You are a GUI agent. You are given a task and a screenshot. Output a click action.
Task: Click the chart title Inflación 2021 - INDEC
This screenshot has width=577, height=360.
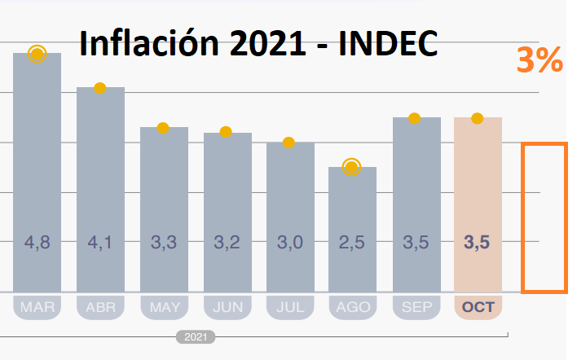pyautogui.click(x=258, y=42)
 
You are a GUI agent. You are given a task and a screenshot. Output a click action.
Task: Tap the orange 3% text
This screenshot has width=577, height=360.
pyautogui.click(x=540, y=61)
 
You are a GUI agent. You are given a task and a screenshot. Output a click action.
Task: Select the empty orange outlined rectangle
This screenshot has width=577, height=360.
pyautogui.click(x=544, y=217)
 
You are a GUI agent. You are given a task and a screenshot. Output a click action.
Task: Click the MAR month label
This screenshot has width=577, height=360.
pyautogui.click(x=37, y=308)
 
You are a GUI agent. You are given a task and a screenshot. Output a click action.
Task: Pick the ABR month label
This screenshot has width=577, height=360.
pyautogui.click(x=100, y=308)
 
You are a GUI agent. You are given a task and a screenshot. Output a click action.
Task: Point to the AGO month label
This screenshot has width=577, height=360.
pyautogui.click(x=352, y=308)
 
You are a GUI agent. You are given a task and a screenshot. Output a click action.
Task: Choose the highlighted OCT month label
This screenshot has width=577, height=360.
pyautogui.click(x=478, y=308)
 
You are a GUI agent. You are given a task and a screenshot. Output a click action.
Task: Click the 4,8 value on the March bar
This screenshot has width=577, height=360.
pyautogui.click(x=37, y=242)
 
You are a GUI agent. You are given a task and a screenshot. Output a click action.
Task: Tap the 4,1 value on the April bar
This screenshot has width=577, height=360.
pyautogui.click(x=100, y=242)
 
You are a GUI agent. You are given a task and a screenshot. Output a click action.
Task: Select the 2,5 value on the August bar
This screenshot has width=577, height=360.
pyautogui.click(x=352, y=242)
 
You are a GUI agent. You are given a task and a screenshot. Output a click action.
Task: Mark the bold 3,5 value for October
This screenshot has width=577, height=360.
pyautogui.click(x=478, y=242)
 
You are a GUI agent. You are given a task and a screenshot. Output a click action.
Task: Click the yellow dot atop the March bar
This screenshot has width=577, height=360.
pyautogui.click(x=37, y=54)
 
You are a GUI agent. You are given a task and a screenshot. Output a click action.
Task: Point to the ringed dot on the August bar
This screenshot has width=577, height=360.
pyautogui.click(x=352, y=167)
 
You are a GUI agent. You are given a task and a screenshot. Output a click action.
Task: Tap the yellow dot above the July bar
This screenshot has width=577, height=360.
pyautogui.click(x=288, y=143)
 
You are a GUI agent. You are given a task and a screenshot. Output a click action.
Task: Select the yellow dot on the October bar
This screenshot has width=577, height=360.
pyautogui.click(x=478, y=118)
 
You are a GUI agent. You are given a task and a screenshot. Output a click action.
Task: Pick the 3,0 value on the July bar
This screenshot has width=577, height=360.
pyautogui.click(x=289, y=242)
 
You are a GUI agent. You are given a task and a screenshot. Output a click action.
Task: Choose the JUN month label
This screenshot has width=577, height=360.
pyautogui.click(x=227, y=308)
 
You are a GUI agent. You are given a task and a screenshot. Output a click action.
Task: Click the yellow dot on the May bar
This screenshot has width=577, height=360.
pyautogui.click(x=163, y=128)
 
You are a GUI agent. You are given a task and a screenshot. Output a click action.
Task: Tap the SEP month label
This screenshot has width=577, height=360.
pyautogui.click(x=416, y=308)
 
